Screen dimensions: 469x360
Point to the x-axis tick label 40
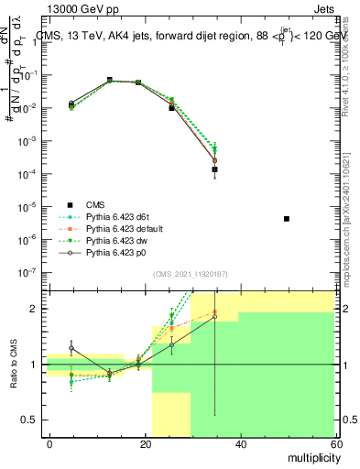[240, 442]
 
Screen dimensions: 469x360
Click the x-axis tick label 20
[145, 442]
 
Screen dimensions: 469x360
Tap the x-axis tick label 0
[49, 442]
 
